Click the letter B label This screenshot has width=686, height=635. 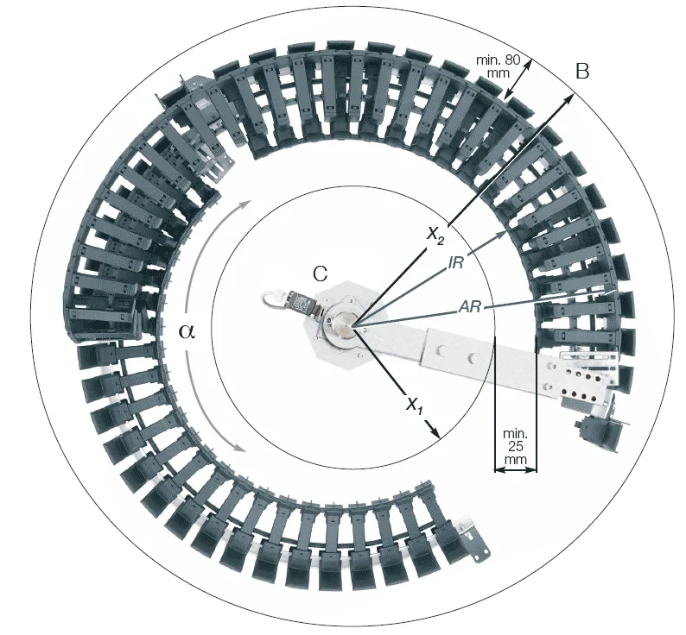click(x=582, y=72)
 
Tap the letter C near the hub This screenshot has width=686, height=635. click(x=320, y=273)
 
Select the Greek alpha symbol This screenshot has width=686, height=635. click(x=187, y=331)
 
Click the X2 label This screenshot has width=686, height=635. click(x=435, y=234)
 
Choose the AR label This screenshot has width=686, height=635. click(x=471, y=306)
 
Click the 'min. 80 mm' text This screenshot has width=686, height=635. click(x=499, y=66)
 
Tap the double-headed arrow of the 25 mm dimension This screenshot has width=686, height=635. click(x=514, y=470)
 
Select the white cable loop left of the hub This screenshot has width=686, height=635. click(x=275, y=299)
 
